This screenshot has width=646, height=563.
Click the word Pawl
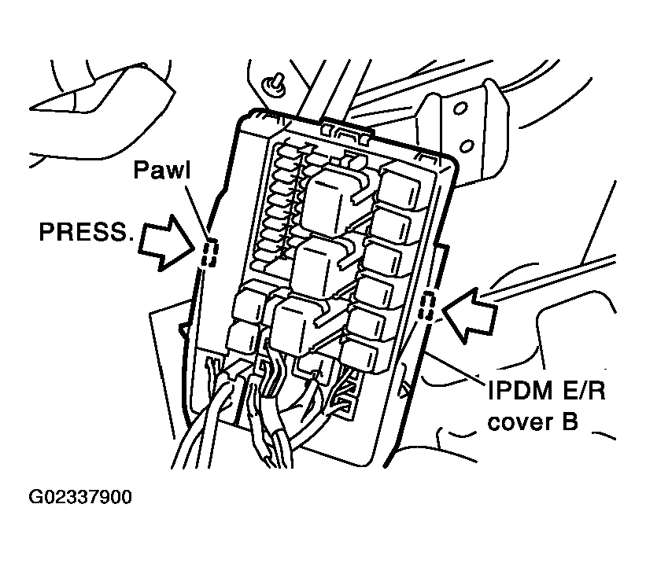tap(161, 170)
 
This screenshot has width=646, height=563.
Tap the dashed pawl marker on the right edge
tap(426, 305)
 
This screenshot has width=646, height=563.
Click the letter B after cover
tap(569, 422)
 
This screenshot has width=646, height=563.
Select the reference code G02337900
tap(80, 498)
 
